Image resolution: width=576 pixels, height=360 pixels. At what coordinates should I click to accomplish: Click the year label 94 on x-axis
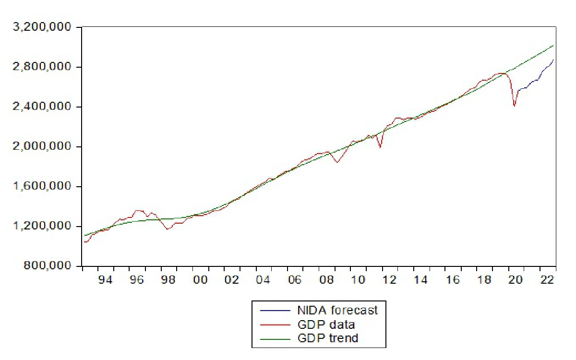[x=105, y=280]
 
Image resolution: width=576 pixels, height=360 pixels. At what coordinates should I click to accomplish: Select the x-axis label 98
[x=168, y=280]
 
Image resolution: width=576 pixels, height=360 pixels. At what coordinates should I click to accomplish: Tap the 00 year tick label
[x=200, y=280]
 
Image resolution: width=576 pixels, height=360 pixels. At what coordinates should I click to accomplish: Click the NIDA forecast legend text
[x=337, y=310]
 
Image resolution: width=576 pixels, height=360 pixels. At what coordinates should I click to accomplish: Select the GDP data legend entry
[x=326, y=324]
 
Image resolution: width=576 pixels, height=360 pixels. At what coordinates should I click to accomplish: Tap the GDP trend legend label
[x=328, y=338]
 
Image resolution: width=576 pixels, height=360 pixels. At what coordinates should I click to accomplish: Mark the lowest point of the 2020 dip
[x=514, y=106]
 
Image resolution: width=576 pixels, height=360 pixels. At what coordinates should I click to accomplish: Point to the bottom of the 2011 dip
[x=380, y=147]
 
